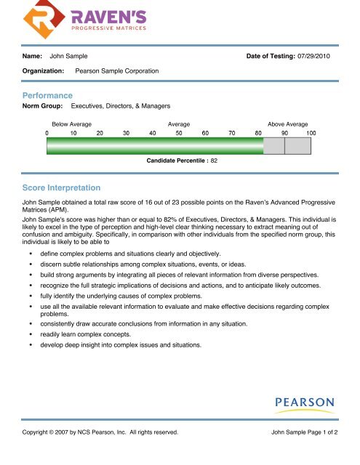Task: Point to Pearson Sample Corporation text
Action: point(117,71)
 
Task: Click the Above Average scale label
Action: point(288,125)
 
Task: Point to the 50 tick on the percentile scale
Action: point(179,133)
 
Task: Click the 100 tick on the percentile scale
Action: point(311,133)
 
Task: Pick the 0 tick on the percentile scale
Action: point(47,133)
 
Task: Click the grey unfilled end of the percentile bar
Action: point(287,146)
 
